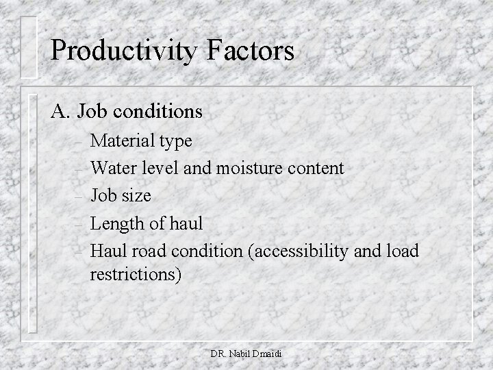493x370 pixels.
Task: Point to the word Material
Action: click(121, 141)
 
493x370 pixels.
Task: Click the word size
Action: click(136, 197)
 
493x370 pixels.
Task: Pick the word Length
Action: click(118, 224)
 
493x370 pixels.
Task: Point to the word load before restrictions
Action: click(402, 251)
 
